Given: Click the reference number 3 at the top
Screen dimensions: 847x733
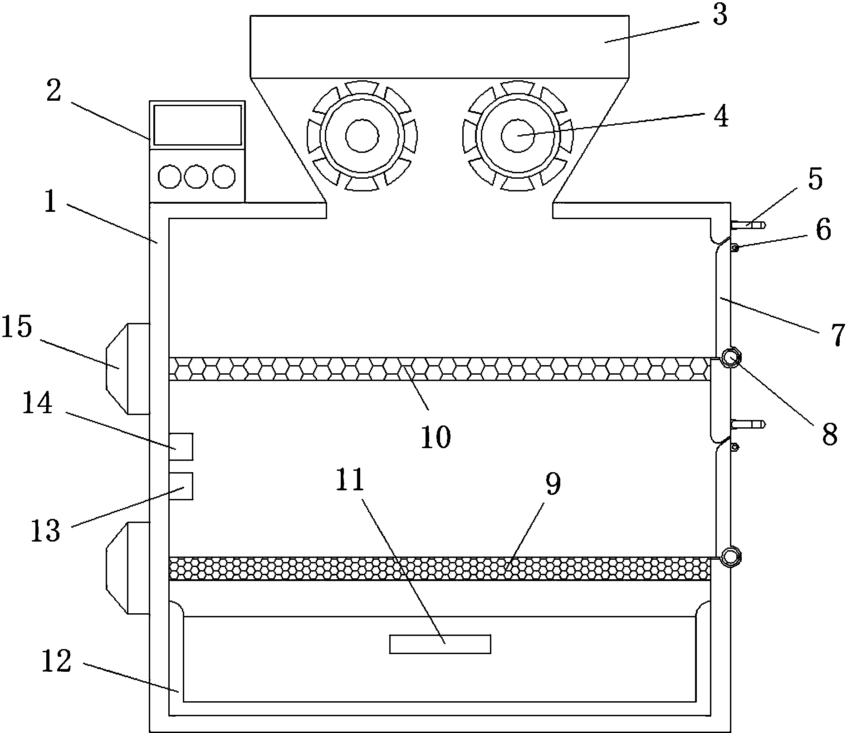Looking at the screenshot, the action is click(x=719, y=15).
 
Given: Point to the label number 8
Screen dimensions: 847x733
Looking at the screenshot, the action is click(x=829, y=435).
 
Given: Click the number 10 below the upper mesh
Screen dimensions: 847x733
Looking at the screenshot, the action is click(x=436, y=437).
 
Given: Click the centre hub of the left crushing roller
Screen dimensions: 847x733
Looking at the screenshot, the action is click(x=362, y=135).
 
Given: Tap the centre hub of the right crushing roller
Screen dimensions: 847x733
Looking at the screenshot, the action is click(x=518, y=135).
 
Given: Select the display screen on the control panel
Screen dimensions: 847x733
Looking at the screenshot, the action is click(x=197, y=126).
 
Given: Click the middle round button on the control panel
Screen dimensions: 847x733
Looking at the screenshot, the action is click(x=196, y=176).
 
